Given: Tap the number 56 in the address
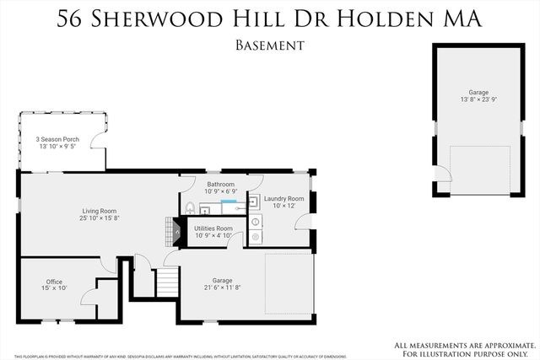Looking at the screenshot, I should point(74,19).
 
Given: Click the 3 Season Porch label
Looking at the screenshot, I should point(57,139).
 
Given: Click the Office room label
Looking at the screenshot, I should point(54,282).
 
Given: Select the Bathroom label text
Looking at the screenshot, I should point(220,184).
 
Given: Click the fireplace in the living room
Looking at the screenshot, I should point(175,230).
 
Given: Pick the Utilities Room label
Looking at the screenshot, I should point(213,228).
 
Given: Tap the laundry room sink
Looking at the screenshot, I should point(254,201).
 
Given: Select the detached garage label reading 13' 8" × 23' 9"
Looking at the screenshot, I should point(478,99).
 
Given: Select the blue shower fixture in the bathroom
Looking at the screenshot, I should point(229,202).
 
